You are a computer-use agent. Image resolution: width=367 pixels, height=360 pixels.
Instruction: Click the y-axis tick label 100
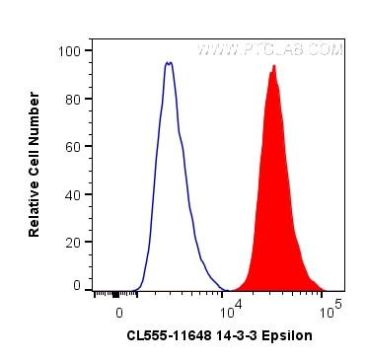click(70, 50)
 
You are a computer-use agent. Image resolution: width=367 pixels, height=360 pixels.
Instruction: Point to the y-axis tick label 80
click(73, 99)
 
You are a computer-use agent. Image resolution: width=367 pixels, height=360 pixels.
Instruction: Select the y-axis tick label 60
click(73, 146)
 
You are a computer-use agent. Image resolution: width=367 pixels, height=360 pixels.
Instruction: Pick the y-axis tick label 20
click(73, 241)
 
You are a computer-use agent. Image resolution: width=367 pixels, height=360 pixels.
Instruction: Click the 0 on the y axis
click(77, 285)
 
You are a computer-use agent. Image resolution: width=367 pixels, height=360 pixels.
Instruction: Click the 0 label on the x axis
click(119, 311)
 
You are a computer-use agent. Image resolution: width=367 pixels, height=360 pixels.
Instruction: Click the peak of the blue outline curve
click(169, 63)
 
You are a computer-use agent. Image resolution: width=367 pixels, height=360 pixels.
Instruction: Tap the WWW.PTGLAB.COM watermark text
click(271, 48)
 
